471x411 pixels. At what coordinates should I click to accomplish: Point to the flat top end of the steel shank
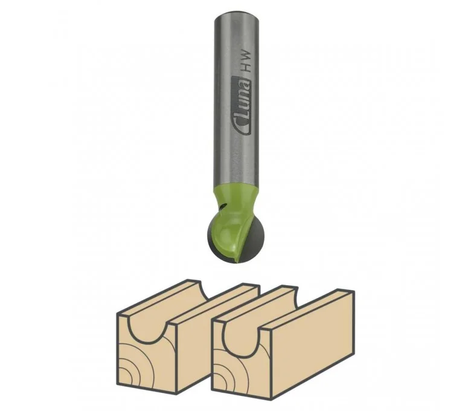237,16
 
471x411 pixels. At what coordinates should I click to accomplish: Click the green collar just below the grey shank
236,197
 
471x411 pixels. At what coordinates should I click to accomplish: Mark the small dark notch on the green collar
222,207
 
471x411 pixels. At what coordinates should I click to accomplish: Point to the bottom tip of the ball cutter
235,263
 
